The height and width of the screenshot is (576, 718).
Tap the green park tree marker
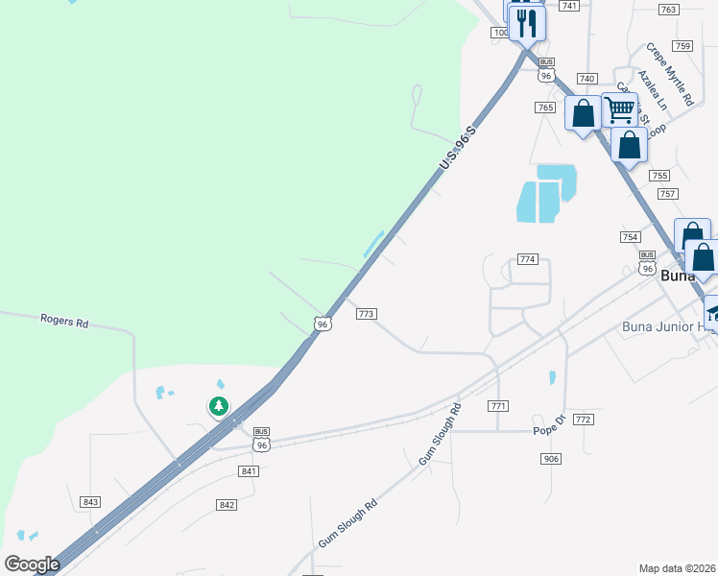coord(220,406)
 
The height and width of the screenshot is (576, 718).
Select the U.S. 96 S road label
coord(458,149)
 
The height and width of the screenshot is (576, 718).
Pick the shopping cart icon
coord(619,110)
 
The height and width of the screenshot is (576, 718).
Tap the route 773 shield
coord(366,314)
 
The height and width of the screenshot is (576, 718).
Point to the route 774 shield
coord(527,259)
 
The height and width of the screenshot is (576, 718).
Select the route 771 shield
coord(497,406)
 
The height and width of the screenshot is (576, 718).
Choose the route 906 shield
coord(550,459)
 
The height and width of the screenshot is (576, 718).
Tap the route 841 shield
coord(249,470)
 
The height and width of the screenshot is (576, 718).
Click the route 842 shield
coord(227,505)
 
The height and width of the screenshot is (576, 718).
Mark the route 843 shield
coord(91,502)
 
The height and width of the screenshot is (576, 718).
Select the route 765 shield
coord(545,108)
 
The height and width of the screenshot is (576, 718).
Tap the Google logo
coord(32,564)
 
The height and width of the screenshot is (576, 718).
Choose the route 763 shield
coord(669,9)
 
